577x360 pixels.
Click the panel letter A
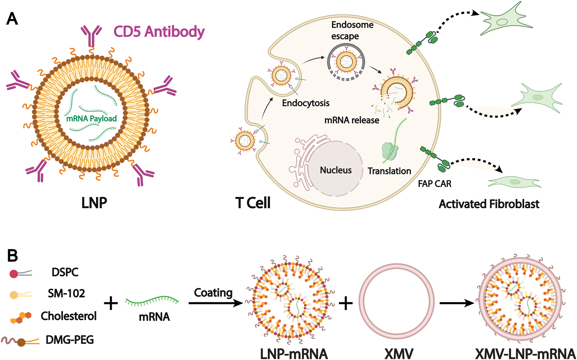point(12,19)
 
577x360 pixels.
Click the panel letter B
point(12,256)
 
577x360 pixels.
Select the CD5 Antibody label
point(159,32)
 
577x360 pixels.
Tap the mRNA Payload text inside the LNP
point(91,118)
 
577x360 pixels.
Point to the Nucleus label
point(336,170)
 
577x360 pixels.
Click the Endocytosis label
point(305,103)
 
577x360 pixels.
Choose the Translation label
point(389,171)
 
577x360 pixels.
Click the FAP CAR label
point(434,184)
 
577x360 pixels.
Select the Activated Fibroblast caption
point(489,204)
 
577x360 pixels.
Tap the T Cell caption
point(253,203)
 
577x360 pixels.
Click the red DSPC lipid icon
point(14,274)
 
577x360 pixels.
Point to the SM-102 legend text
point(66,294)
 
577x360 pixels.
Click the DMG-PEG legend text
point(70,340)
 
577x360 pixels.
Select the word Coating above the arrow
point(213,293)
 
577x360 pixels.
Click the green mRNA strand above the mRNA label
point(152,301)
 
